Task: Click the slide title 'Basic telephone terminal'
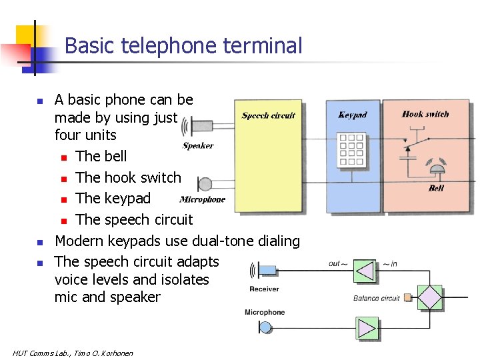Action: (183, 46)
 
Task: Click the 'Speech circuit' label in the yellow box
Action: (268, 115)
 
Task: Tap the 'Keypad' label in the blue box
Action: (352, 115)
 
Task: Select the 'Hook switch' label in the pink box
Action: (425, 114)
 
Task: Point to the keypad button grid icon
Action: (351, 151)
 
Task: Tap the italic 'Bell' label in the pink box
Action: (436, 188)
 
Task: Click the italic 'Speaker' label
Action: (198, 146)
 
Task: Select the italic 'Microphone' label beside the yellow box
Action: (203, 199)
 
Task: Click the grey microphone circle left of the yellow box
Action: (205, 185)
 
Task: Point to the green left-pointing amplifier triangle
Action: (364, 271)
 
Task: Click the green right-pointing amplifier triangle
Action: (366, 328)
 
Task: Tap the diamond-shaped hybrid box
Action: (430, 297)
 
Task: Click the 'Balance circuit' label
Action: (376, 298)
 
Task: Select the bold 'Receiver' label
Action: (264, 289)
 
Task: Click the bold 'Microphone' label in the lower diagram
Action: (265, 312)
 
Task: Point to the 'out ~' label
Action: (338, 263)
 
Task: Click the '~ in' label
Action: (390, 264)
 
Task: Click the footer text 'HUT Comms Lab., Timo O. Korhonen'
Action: (73, 353)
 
